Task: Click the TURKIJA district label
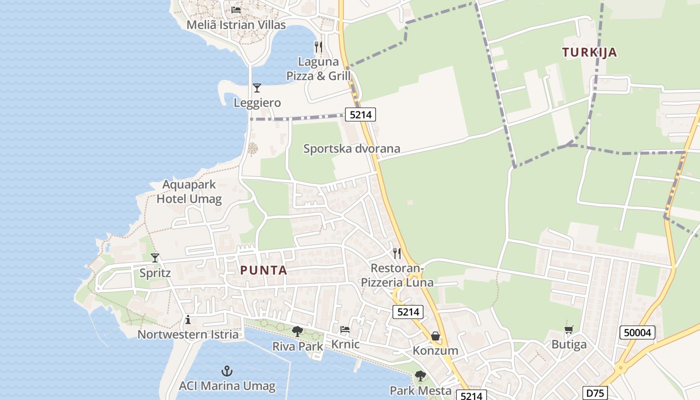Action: pyautogui.click(x=589, y=52)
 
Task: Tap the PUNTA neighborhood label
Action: pyautogui.click(x=263, y=270)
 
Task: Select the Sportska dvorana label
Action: pyautogui.click(x=352, y=148)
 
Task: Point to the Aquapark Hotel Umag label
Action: pyautogui.click(x=189, y=191)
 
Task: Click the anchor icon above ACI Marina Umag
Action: pyautogui.click(x=227, y=371)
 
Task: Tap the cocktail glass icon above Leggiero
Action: pyautogui.click(x=257, y=88)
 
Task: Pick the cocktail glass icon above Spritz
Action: pyautogui.click(x=155, y=258)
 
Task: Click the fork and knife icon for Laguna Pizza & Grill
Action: pyautogui.click(x=318, y=47)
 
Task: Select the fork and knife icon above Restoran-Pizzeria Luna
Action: pyautogui.click(x=397, y=253)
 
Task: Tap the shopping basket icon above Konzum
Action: pyautogui.click(x=435, y=336)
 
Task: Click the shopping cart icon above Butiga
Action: pyautogui.click(x=569, y=330)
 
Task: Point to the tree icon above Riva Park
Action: pyautogui.click(x=297, y=331)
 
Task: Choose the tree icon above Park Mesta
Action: pyautogui.click(x=420, y=376)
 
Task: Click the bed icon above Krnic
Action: pyautogui.click(x=345, y=329)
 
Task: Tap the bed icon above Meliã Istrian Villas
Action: pyautogui.click(x=236, y=9)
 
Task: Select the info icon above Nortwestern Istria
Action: pyautogui.click(x=188, y=319)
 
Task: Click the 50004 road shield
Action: pyautogui.click(x=637, y=332)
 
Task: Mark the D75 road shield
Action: pyautogui.click(x=595, y=393)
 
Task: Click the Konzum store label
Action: pyautogui.click(x=435, y=350)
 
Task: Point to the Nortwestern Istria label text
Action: pyautogui.click(x=188, y=334)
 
